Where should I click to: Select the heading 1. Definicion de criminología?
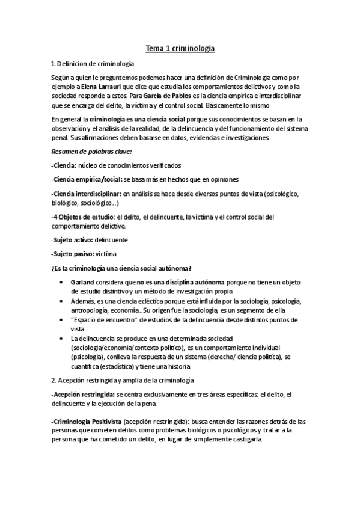pyautogui.click(x=93, y=64)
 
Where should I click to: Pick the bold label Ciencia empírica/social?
pyautogui.click(x=87, y=179)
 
